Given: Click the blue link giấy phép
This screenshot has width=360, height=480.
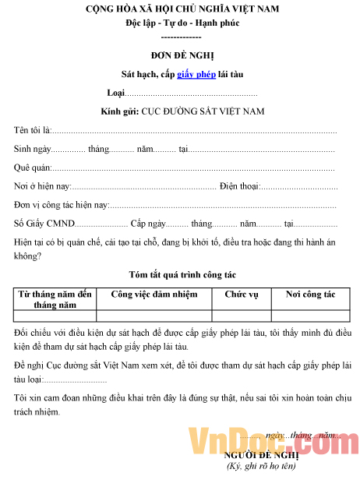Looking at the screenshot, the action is [196, 75].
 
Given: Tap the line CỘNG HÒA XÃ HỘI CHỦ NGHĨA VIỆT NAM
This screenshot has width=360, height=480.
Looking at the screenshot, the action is [182, 9].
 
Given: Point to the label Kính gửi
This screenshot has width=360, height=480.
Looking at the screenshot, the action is [119, 111].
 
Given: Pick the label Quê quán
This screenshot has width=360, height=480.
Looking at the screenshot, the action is [33, 168].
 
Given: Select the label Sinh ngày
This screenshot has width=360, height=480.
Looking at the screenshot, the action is [33, 149].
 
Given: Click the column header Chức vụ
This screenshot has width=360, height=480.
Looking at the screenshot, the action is [241, 295].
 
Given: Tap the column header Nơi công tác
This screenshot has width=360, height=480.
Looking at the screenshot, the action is [310, 295].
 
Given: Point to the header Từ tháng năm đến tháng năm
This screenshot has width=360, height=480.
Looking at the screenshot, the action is [55, 300].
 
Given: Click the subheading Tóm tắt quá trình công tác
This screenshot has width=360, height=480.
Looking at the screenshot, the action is [182, 274].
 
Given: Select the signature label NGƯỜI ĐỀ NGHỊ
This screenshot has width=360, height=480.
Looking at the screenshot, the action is [261, 455].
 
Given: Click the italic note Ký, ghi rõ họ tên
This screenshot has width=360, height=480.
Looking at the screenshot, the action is [261, 467].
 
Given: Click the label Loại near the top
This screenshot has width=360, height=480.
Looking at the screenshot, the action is [115, 94].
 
